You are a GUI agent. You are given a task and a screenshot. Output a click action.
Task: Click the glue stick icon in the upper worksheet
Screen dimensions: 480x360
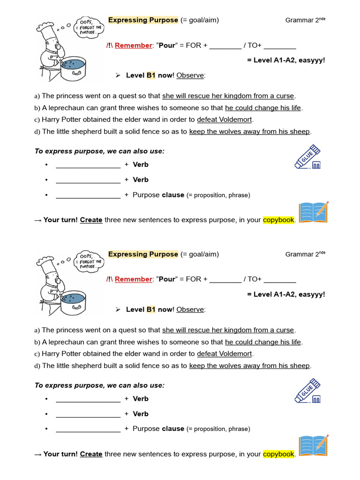(307, 157)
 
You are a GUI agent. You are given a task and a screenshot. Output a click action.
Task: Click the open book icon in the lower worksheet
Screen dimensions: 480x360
(313, 446)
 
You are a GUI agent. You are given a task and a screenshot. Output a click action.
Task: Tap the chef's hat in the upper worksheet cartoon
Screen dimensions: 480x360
(47, 26)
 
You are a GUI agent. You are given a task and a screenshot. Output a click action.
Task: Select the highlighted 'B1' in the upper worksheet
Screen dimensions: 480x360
(150, 75)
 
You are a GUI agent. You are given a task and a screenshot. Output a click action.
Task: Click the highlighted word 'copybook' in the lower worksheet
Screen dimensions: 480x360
(278, 454)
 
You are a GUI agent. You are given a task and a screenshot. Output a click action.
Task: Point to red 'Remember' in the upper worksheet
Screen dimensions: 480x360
(134, 45)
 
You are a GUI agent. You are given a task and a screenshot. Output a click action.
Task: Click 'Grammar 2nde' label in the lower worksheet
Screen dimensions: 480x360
(305, 254)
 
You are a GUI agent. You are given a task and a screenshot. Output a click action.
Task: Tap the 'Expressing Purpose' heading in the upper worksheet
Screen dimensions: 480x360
(143, 20)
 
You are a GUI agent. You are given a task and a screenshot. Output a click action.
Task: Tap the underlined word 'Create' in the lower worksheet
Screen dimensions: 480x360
(91, 454)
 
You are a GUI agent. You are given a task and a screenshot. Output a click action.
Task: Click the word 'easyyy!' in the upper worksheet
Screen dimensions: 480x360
(311, 60)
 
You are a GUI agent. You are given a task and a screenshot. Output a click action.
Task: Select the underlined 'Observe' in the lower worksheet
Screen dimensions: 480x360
(190, 309)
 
